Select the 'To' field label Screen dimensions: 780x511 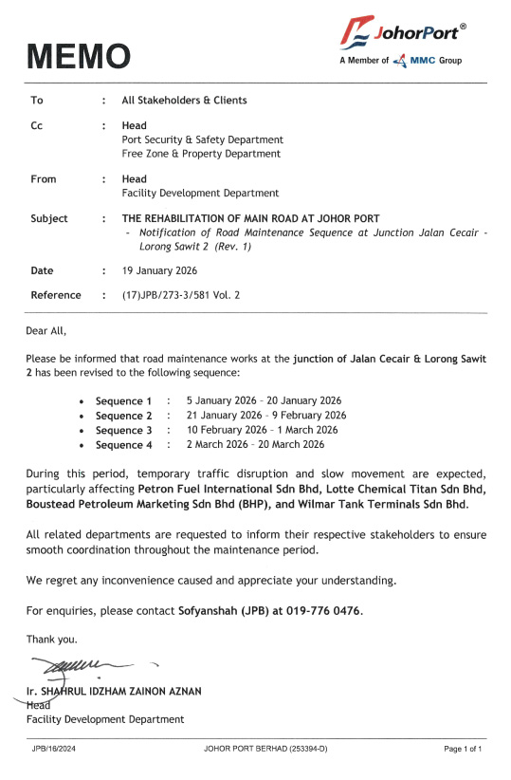coord(37,100)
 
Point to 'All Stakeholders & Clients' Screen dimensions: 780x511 coord(184,100)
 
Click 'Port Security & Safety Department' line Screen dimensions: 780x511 coord(202,139)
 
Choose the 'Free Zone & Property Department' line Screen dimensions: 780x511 coord(201,153)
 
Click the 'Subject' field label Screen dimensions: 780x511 coord(49,218)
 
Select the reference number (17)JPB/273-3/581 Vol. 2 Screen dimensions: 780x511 coord(181,295)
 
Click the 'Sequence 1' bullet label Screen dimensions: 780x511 coord(123,401)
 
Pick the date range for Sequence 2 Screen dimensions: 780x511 coord(266,416)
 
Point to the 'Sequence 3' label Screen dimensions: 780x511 coord(123,430)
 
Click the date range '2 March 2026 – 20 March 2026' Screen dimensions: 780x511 coord(255,444)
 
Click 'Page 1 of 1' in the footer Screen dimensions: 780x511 coord(464,750)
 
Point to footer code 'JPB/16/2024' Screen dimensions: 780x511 coord(56,750)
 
